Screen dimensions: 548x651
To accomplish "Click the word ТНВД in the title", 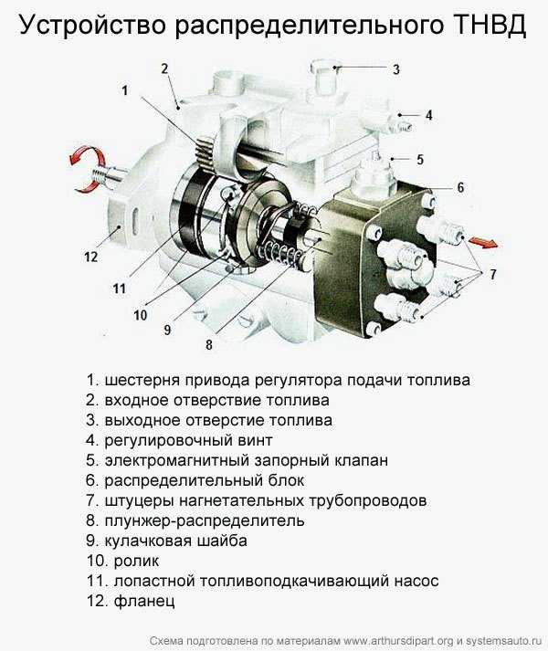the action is tap(490, 25).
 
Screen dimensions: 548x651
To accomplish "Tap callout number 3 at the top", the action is tap(396, 69).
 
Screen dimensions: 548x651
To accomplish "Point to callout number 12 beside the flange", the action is tap(90, 257).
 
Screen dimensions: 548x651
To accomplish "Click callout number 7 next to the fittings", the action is tap(492, 274).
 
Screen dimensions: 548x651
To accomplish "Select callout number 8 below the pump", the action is tap(209, 344).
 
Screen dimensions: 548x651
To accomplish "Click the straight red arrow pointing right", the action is tap(483, 242).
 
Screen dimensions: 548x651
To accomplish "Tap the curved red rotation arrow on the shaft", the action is tap(89, 168).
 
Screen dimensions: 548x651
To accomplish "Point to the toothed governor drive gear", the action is tap(204, 152).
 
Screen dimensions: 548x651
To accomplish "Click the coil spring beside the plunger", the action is tap(279, 252).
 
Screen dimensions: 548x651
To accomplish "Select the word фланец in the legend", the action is tap(144, 601).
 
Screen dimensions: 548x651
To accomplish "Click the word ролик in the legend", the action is tap(136, 562).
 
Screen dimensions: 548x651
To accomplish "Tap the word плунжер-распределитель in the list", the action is tap(205, 520).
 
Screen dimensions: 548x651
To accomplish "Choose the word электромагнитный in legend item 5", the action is tap(175, 460).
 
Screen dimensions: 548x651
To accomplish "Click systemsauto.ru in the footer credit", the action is tap(504, 641).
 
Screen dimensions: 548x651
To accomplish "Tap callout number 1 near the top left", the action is tap(125, 90).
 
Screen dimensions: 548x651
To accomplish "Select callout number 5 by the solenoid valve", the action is tap(420, 160).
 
